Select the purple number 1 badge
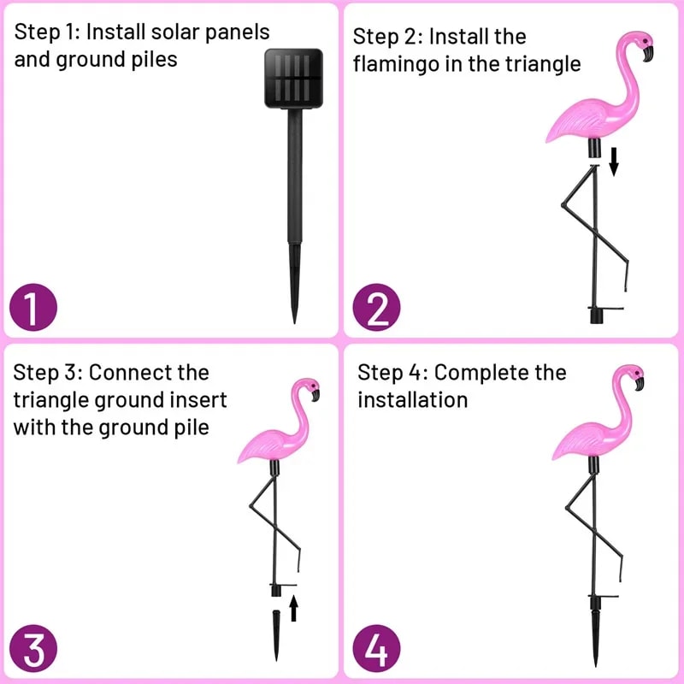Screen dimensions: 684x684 [x=32, y=309]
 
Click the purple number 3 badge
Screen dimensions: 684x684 [x=32, y=650]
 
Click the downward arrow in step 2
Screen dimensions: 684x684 [x=613, y=161]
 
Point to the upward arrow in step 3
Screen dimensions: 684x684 [x=293, y=608]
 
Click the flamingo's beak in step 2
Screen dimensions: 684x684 [x=647, y=53]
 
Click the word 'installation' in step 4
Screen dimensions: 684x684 [x=412, y=400]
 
